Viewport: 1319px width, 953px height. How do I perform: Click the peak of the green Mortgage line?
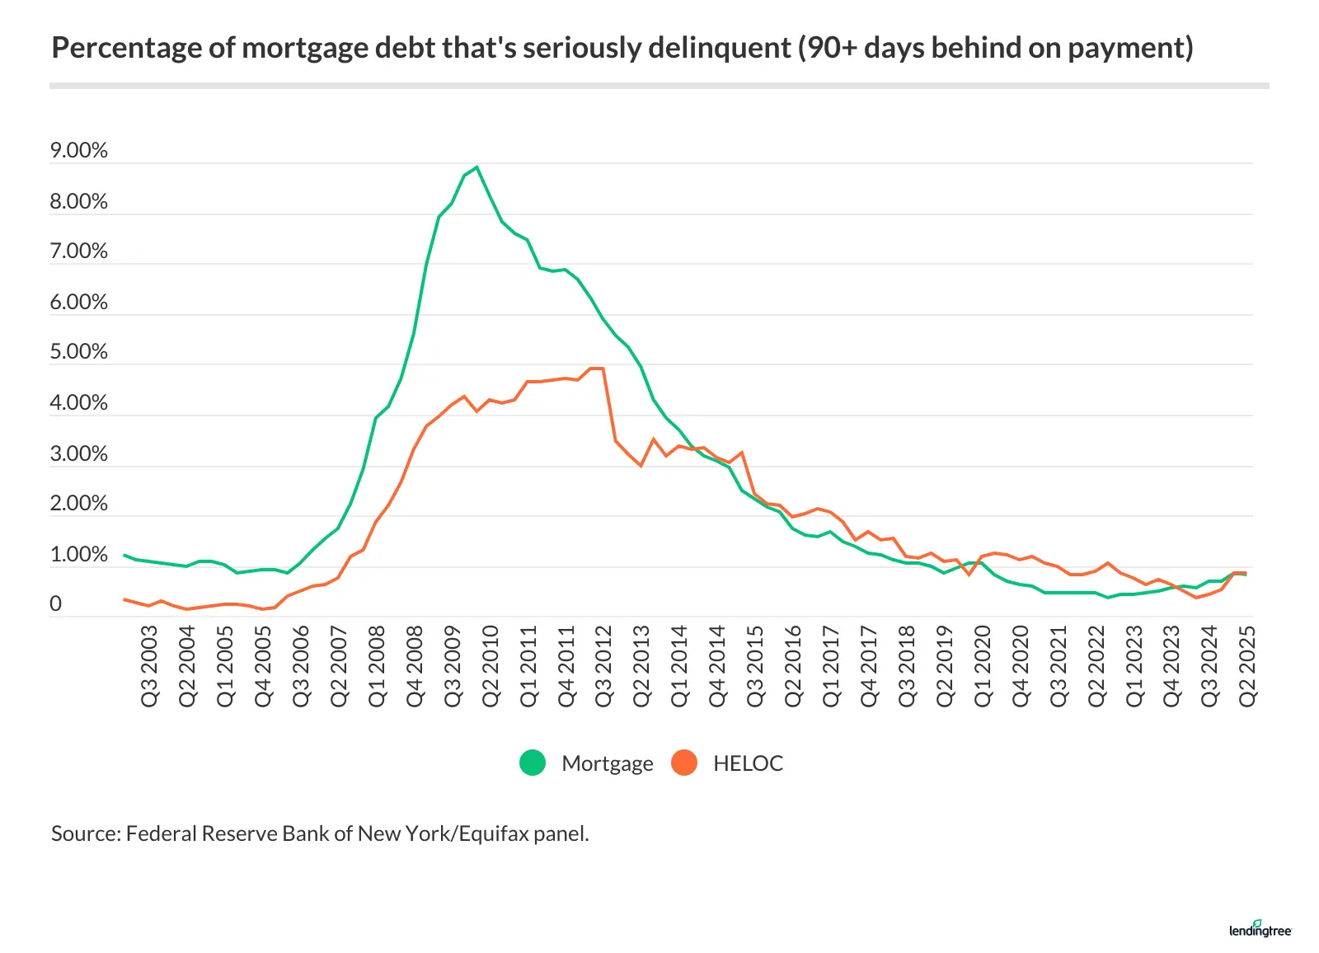tap(476, 167)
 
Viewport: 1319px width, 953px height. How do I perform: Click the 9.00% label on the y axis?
tap(78, 150)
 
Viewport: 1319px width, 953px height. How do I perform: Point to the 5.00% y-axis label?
tap(78, 352)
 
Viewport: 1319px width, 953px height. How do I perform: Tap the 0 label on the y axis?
tap(55, 603)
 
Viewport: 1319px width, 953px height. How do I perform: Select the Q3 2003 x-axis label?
tap(149, 665)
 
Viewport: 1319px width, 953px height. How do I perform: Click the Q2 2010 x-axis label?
tap(491, 665)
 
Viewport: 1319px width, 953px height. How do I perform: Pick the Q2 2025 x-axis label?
tap(1247, 665)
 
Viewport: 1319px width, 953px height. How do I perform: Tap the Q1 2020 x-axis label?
tap(983, 665)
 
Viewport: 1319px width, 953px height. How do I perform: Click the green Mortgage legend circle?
tap(533, 763)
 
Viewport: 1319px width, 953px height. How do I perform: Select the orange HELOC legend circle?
tap(684, 763)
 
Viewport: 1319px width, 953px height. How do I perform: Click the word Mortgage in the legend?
tap(607, 763)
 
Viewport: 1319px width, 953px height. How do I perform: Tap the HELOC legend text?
tap(748, 763)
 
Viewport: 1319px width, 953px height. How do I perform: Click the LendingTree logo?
tap(1260, 929)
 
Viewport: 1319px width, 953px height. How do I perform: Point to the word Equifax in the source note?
tap(494, 833)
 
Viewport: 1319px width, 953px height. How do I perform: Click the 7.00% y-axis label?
tap(78, 251)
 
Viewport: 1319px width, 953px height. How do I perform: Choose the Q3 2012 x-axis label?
tap(604, 665)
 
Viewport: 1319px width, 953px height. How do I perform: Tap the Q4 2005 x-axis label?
tap(263, 665)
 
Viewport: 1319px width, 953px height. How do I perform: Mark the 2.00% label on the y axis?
tap(78, 503)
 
